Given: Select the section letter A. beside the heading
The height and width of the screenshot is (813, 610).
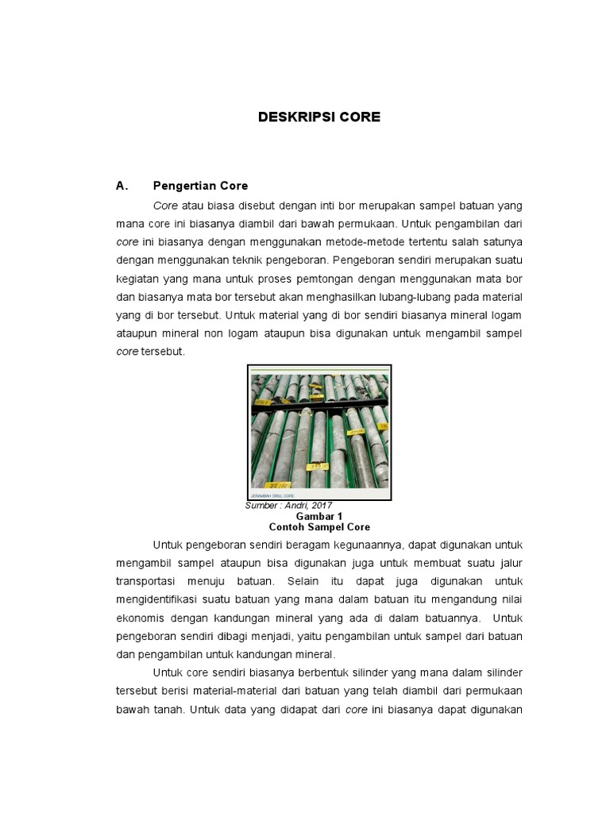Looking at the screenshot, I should point(122,186).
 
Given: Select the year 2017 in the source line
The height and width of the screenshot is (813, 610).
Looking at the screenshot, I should point(321,506).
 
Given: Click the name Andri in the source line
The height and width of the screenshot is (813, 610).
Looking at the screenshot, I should point(295,506).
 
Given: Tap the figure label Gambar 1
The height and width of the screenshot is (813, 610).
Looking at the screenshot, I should point(319,516).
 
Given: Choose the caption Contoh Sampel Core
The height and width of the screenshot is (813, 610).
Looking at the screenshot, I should point(319,527).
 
